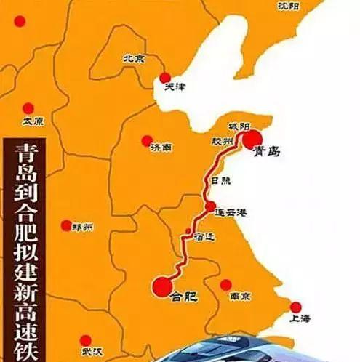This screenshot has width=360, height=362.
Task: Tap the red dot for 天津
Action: (165, 77)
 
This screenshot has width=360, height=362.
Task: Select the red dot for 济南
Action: (147, 140)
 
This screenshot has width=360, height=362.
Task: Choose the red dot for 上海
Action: (295, 307)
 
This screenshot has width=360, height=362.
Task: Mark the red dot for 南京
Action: (225, 284)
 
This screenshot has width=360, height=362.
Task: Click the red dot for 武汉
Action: (86, 339)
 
